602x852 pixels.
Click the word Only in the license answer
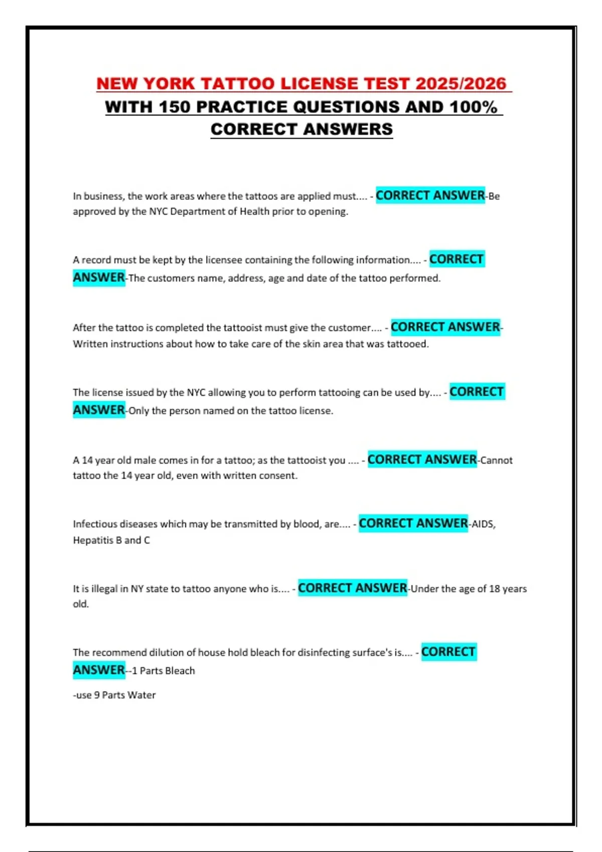(138, 411)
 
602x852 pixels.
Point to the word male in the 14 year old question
(128, 460)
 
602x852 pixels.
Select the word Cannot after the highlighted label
(496, 460)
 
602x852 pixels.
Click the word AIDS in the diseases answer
(483, 524)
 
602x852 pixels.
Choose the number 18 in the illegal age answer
(494, 589)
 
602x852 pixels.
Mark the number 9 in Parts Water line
(97, 695)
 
